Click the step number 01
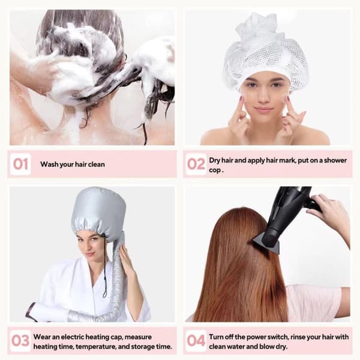point(20,164)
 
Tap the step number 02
point(196,164)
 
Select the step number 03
point(20,340)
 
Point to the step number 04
point(196,340)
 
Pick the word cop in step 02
point(215,171)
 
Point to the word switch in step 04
point(277,337)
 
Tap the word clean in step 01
point(97,164)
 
